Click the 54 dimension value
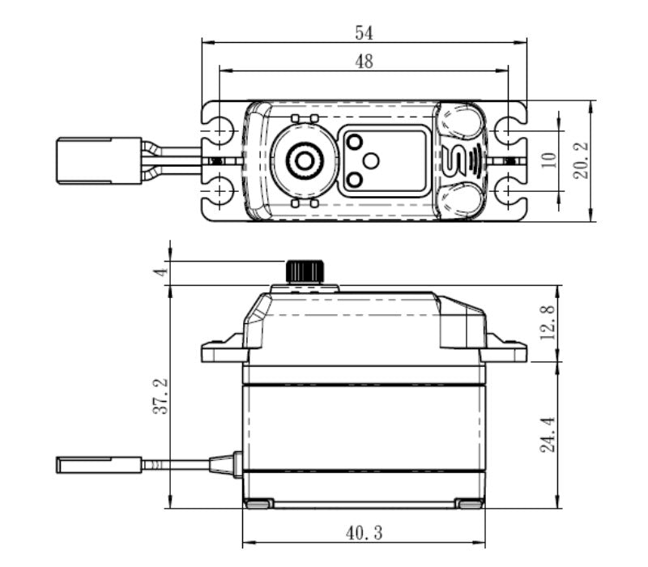(x=364, y=32)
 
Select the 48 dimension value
(x=364, y=62)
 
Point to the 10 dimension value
(x=551, y=160)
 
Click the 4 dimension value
(x=162, y=273)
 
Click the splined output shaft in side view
(x=305, y=271)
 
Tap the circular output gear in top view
(x=304, y=161)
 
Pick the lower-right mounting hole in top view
(x=507, y=191)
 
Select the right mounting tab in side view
(x=505, y=350)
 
